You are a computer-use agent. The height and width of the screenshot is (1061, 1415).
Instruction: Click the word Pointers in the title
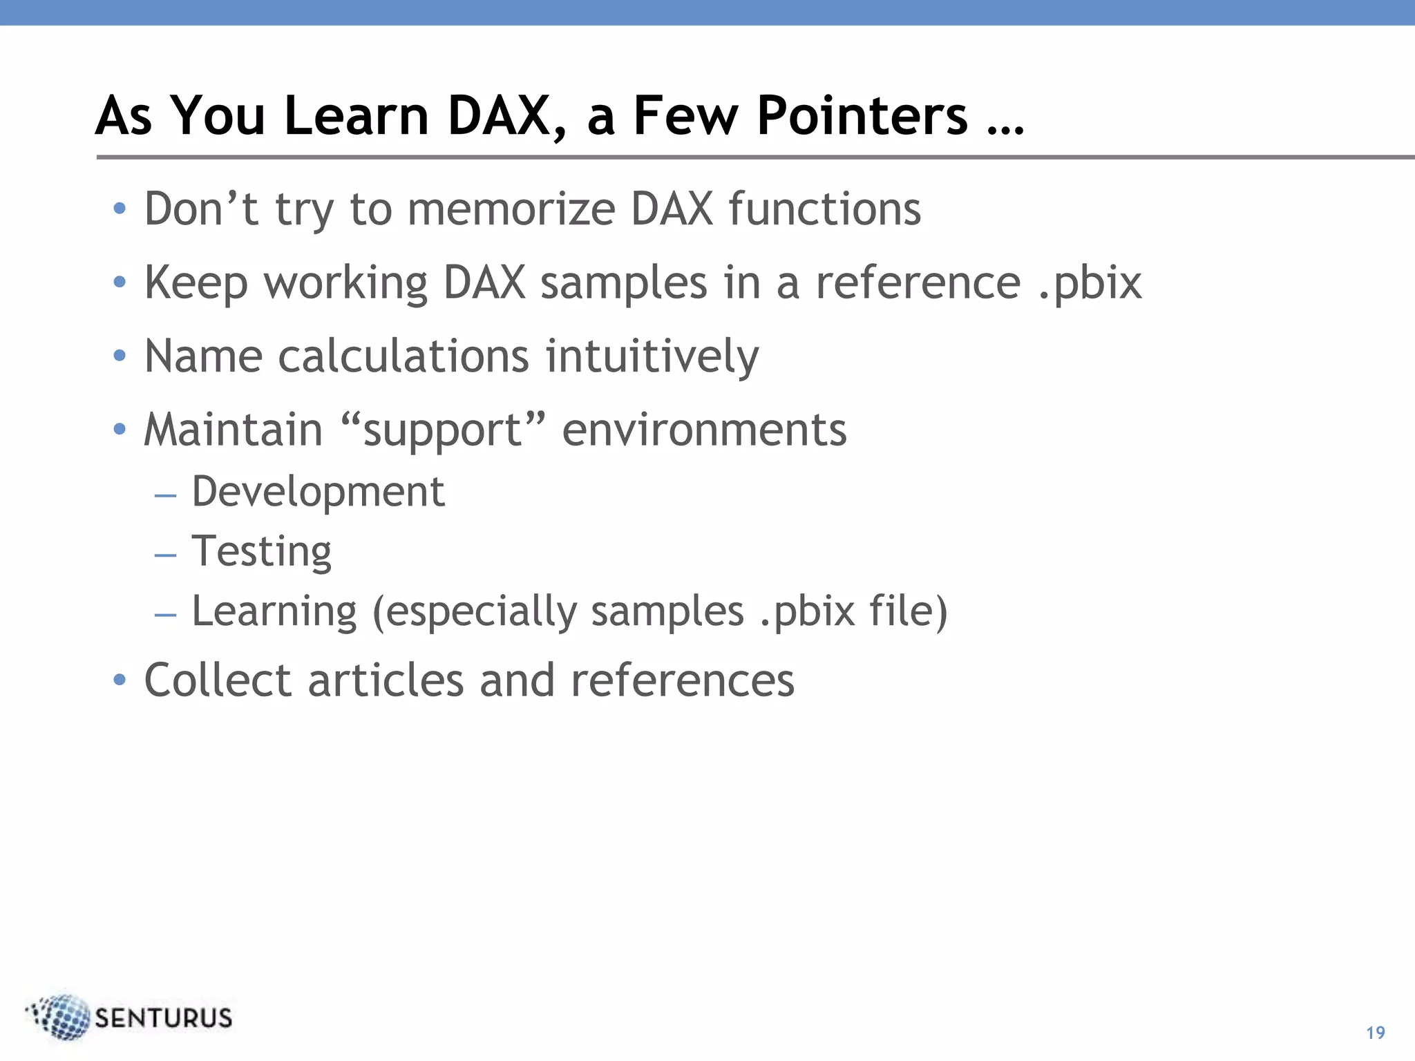pos(862,115)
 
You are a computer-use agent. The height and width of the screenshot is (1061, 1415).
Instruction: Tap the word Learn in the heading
pos(356,115)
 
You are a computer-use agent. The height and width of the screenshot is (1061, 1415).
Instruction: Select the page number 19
pos(1376,1033)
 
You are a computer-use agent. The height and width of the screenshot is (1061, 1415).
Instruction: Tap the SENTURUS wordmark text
pos(163,1018)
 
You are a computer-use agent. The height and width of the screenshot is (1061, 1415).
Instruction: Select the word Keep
pos(196,283)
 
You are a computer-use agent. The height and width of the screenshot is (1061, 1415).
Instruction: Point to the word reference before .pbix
pos(918,283)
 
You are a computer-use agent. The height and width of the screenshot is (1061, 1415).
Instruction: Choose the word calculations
pos(403,356)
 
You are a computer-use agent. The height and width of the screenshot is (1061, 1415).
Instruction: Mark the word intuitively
pos(652,356)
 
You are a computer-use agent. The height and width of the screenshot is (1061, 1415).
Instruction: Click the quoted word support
pos(442,430)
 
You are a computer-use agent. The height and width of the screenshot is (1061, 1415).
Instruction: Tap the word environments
pos(704,430)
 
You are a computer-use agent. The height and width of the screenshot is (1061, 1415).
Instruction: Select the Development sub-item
pos(318,492)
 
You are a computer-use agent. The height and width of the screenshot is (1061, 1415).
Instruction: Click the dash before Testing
pos(166,555)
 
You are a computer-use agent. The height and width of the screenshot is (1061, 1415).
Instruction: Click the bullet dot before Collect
pos(120,680)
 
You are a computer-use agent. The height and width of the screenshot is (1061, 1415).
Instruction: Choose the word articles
pos(386,680)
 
